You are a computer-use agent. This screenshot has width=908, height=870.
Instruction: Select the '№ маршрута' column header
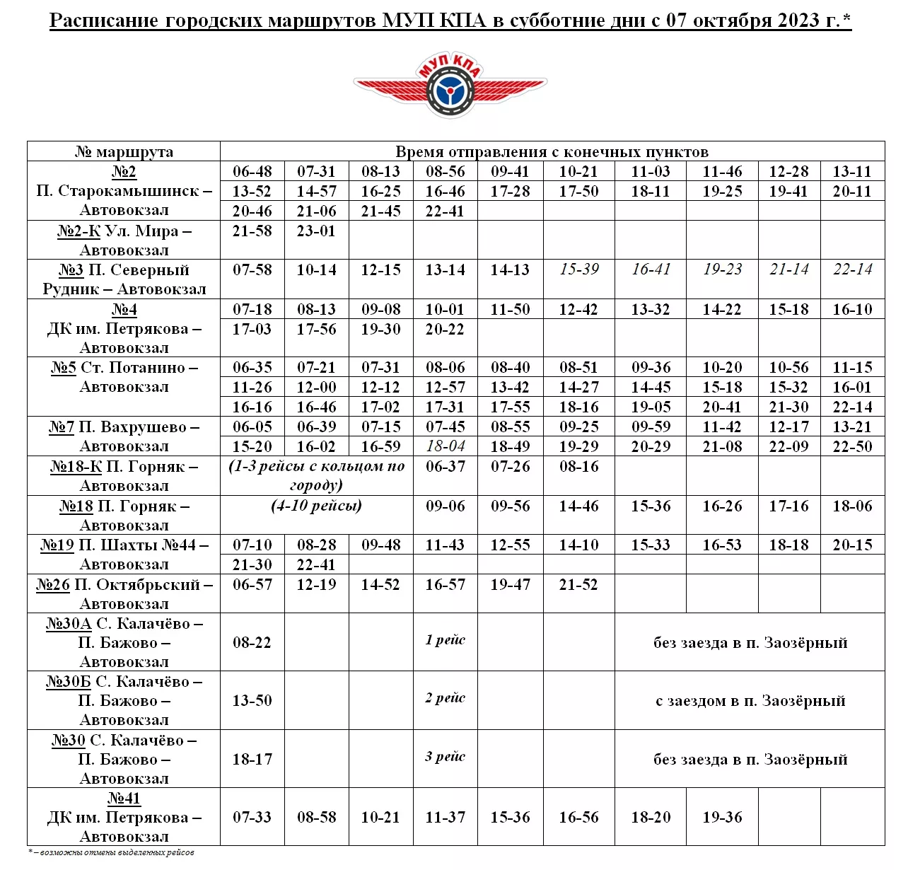(124, 151)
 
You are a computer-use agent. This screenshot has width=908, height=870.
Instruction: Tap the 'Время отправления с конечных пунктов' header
(552, 151)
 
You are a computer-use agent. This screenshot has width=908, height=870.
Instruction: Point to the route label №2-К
(78, 231)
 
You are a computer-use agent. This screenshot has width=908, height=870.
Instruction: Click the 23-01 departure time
(316, 231)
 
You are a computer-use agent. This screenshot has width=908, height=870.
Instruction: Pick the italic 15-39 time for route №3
(579, 269)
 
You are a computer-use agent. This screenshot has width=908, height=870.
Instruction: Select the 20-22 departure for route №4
(445, 329)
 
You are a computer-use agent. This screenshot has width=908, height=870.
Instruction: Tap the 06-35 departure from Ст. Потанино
(252, 368)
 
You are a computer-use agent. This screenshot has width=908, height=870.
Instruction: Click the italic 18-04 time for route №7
(446, 446)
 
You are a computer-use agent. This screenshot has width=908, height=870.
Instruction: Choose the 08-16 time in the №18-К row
(579, 467)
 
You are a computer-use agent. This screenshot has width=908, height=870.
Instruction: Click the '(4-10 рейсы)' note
(316, 506)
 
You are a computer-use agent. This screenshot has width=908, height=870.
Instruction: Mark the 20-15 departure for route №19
(852, 545)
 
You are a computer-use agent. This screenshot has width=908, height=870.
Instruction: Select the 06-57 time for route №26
(252, 585)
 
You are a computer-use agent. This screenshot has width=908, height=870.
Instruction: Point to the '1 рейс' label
(446, 640)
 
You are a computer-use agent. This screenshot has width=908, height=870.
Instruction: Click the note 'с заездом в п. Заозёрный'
(750, 701)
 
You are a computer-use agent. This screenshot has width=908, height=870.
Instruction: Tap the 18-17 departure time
(252, 759)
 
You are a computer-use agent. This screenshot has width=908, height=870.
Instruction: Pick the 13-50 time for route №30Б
(252, 701)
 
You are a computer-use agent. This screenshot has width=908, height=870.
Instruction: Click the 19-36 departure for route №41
(722, 818)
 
